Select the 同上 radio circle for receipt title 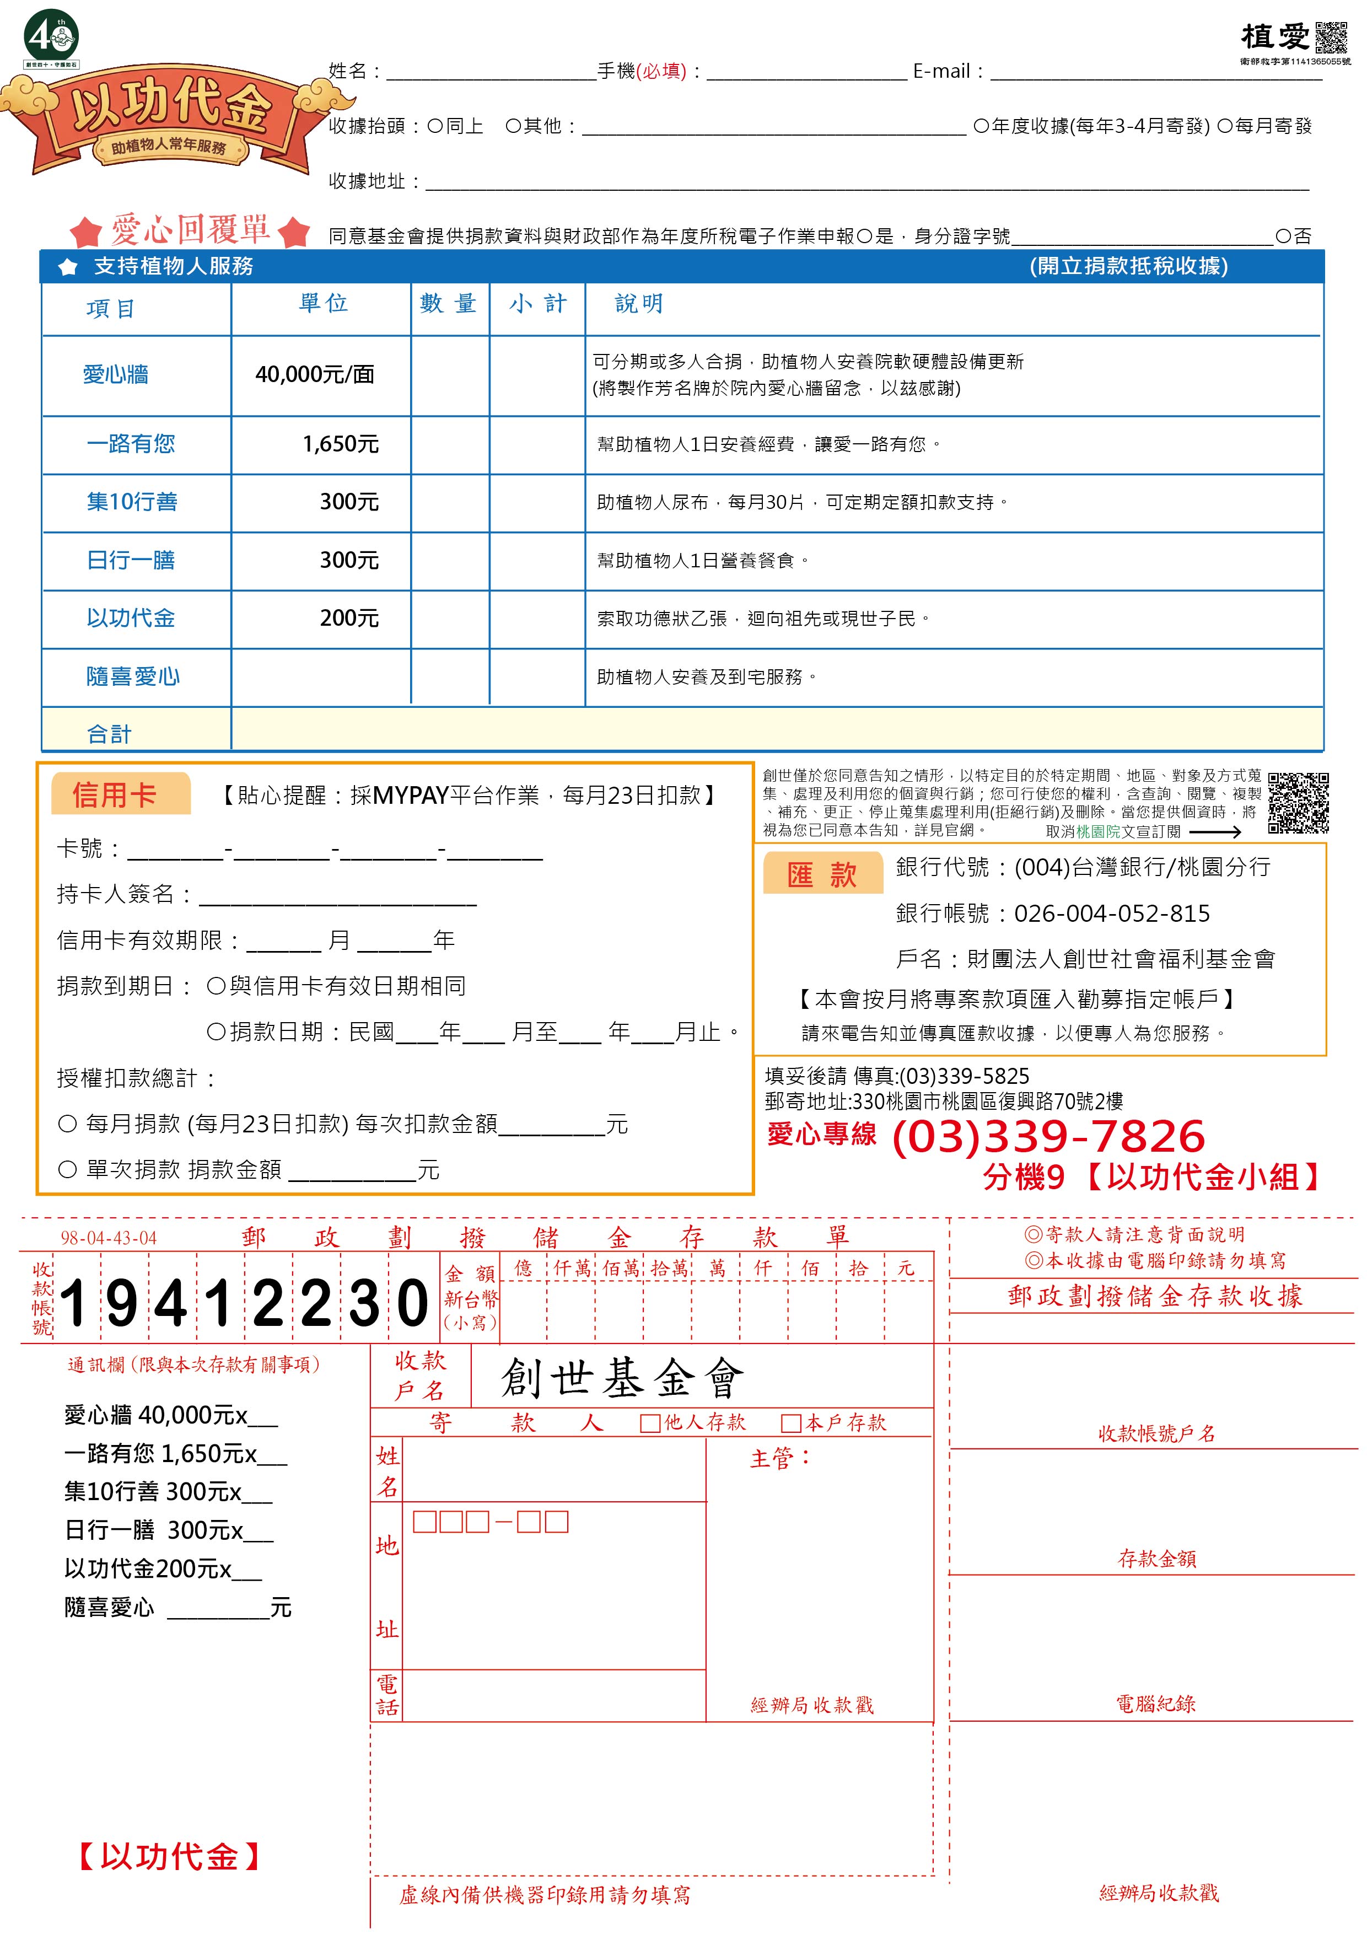434,126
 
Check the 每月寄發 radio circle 1225,126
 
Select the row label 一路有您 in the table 131,444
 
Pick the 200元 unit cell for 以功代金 349,618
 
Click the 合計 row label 110,734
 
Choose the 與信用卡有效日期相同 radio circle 216,986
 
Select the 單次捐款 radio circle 67,1169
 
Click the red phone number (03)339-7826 1048,1136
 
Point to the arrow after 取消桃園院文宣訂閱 1215,831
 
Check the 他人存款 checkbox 649,1423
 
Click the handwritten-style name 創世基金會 622,1379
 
